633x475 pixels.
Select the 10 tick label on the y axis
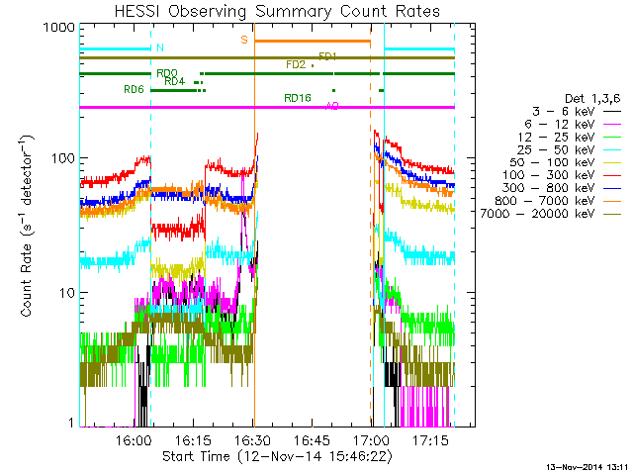click(66, 293)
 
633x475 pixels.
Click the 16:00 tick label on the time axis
click(135, 438)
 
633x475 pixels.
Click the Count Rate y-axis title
click(29, 227)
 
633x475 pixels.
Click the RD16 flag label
click(298, 98)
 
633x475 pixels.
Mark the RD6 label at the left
click(134, 89)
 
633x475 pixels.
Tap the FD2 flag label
click(295, 64)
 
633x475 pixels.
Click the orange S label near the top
click(243, 40)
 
